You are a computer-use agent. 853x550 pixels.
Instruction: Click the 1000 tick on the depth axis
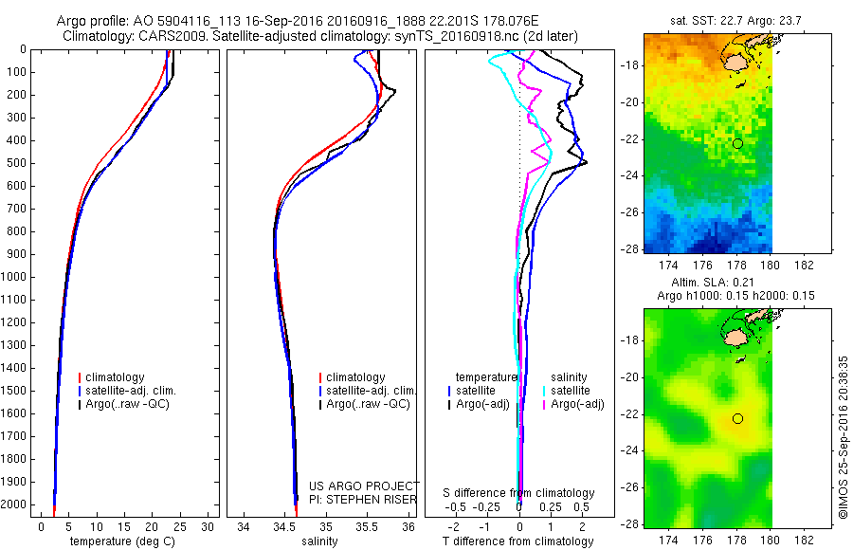(x=16, y=277)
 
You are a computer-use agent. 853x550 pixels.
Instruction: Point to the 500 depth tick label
(x=16, y=163)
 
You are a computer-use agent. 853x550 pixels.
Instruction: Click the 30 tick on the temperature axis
(x=208, y=527)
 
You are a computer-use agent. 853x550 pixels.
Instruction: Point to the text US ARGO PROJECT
(x=364, y=486)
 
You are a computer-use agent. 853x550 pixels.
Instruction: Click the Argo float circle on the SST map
(x=737, y=143)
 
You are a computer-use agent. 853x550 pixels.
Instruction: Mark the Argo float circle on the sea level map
(x=737, y=418)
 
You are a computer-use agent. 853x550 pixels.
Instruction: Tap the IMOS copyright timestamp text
(x=843, y=435)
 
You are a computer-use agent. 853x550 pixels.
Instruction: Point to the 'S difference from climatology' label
(x=519, y=493)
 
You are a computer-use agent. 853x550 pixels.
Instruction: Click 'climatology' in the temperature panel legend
(x=117, y=377)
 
